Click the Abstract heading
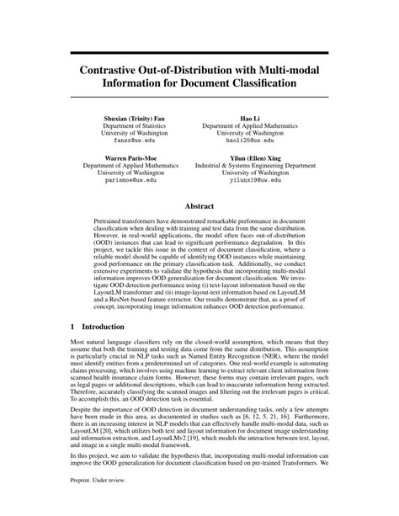coord(199,205)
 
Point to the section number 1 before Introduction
coord(51,327)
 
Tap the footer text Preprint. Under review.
coord(84,503)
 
